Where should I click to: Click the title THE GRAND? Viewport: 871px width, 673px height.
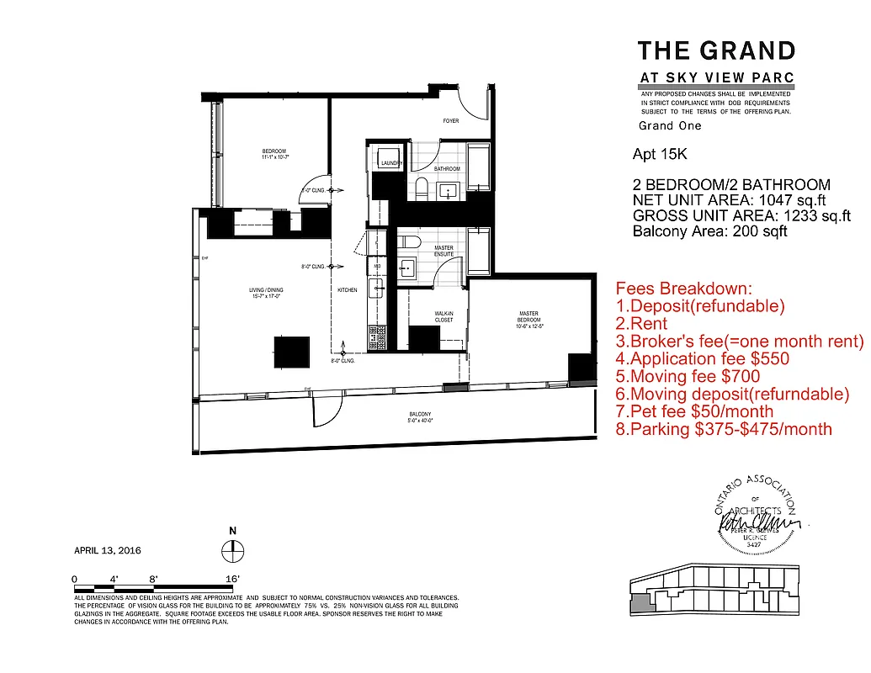[x=716, y=50]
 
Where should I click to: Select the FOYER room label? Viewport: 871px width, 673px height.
[x=451, y=121]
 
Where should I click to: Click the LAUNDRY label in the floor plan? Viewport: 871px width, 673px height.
[x=390, y=163]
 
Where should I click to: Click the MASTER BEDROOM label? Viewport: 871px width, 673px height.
[x=528, y=317]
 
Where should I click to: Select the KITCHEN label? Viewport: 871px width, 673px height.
[x=348, y=290]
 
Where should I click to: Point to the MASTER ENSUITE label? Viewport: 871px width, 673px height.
[x=443, y=251]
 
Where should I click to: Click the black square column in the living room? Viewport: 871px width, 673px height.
[x=290, y=351]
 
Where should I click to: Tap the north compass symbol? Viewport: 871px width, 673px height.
[x=232, y=550]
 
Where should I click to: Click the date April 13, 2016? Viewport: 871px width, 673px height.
[x=108, y=551]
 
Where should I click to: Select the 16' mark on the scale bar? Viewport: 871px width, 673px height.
[x=233, y=579]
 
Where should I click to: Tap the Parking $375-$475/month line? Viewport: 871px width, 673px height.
[x=725, y=430]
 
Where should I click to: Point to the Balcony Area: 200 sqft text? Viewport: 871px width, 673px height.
[x=709, y=231]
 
